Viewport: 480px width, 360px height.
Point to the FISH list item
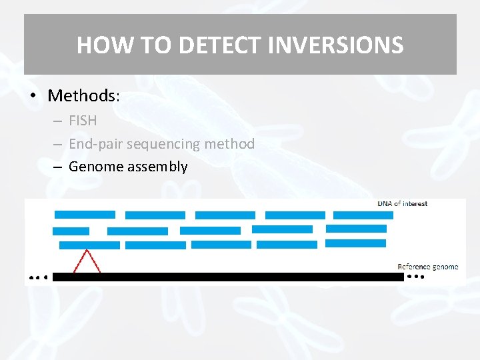coord(83,121)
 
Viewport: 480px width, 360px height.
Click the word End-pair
coord(95,143)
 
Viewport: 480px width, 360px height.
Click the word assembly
coord(157,167)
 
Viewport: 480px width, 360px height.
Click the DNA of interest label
coord(403,203)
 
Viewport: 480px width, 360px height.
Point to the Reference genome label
coord(427,267)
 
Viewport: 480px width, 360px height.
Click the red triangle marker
coord(87,262)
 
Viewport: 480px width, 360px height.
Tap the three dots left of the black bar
coord(38,277)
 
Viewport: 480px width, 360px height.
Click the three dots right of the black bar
coord(415,276)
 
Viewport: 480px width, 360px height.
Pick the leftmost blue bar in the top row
coord(85,215)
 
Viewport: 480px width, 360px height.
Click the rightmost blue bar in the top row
coord(363,215)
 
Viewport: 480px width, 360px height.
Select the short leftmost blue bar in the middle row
coord(71,231)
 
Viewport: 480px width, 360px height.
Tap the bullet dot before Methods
coord(32,96)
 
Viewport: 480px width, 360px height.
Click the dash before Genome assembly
coord(58,167)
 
